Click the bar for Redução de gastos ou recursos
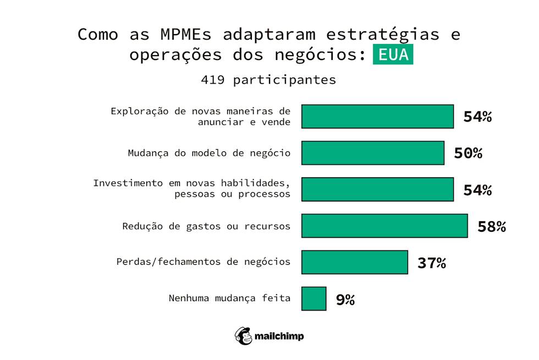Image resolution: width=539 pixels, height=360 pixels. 384,226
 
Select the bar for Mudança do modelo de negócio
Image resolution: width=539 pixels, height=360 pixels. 372,153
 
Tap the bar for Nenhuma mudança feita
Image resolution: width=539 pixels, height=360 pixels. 313,299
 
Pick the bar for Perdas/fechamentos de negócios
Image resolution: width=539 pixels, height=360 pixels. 355,262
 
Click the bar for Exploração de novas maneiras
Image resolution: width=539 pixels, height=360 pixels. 377,117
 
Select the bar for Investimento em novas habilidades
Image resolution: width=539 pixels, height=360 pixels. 377,189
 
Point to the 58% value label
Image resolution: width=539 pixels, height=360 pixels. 491,226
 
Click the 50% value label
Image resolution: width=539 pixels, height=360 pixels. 468,154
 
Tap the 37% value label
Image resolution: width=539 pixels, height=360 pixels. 431,263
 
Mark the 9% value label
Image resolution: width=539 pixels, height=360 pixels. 345,299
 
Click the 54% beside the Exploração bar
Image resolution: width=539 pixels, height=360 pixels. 477,117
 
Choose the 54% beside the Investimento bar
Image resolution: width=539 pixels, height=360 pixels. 477,190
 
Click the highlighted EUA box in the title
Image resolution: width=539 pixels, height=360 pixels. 393,55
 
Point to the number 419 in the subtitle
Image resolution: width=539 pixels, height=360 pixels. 212,80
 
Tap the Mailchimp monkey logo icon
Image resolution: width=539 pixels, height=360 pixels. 244,336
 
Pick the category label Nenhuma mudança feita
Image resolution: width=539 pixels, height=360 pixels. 229,299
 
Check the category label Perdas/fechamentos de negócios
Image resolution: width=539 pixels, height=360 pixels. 203,262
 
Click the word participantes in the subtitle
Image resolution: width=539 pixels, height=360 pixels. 284,80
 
